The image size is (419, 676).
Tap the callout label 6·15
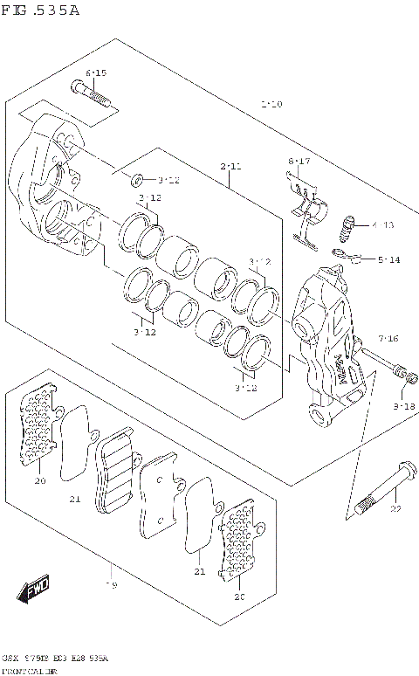pos(96,72)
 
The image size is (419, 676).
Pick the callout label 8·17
pos(299,161)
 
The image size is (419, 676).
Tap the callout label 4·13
pos(382,224)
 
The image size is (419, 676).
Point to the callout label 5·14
pos(388,260)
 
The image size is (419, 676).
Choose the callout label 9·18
pos(403,406)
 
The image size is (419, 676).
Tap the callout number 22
pos(395,508)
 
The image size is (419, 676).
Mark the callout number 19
pos(111,584)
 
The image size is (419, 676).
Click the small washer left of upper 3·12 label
pos(138,181)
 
